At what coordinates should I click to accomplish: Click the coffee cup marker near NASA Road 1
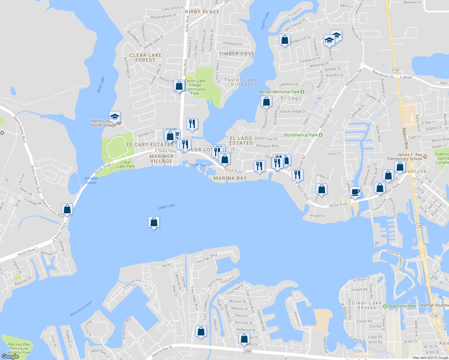[355, 192]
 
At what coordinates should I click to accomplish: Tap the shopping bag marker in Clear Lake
[154, 222]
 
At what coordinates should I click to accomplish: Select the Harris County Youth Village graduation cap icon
[115, 117]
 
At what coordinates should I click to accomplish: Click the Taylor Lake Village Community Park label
[195, 87]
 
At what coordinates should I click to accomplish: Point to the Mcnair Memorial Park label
[279, 92]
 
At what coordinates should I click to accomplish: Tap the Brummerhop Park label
[301, 135]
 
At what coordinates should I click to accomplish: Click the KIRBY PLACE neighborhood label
[202, 12]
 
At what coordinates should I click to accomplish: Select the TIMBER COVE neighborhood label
[237, 54]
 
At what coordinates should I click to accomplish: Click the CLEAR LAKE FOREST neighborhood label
[146, 58]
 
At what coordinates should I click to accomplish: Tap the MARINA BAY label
[230, 178]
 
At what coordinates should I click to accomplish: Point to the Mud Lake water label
[101, 85]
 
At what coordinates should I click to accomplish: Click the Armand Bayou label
[91, 180]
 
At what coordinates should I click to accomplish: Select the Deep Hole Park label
[402, 306]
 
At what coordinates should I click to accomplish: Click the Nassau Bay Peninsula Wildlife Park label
[19, 348]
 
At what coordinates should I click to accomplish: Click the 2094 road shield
[247, 351]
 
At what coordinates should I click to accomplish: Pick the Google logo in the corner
[10, 356]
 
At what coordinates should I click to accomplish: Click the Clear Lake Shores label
[366, 305]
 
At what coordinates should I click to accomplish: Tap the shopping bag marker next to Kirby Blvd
[179, 86]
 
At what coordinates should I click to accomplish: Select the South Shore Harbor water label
[81, 308]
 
